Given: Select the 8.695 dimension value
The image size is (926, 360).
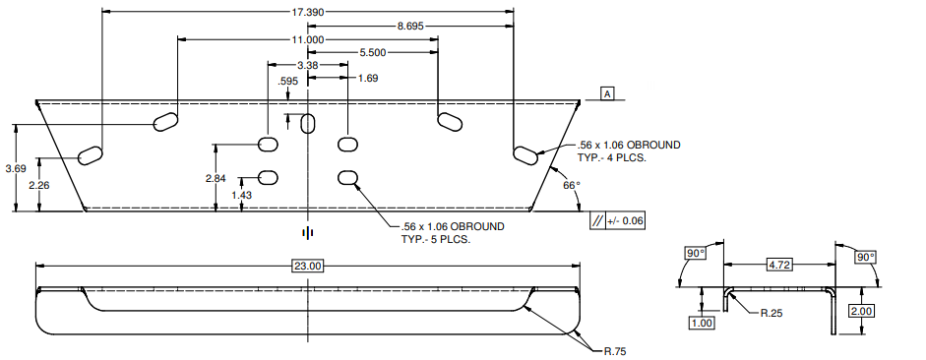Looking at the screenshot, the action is click(410, 26).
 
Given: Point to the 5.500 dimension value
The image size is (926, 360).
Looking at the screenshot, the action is click(373, 52).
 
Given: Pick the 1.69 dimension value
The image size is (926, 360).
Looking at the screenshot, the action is click(368, 78).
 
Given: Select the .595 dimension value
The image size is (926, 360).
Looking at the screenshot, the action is click(287, 82).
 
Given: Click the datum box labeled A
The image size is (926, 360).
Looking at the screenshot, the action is click(606, 93).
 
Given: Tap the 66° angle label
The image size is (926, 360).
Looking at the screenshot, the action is click(572, 185).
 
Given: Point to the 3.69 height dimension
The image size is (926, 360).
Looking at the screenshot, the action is click(16, 168).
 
